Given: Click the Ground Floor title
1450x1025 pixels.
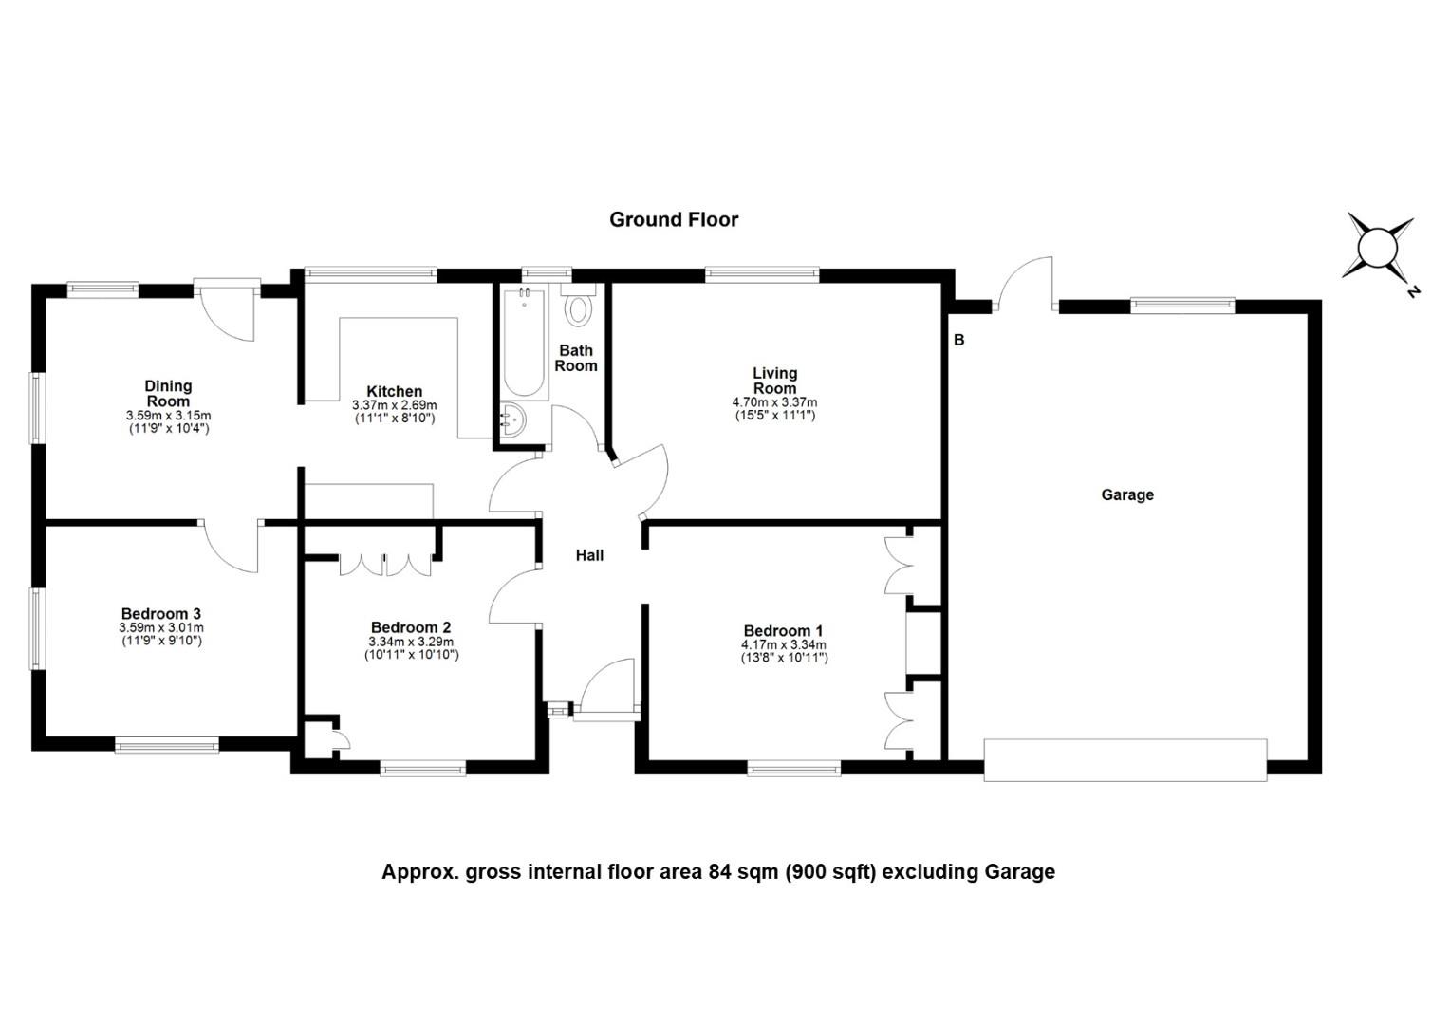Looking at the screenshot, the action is pyautogui.click(x=673, y=220).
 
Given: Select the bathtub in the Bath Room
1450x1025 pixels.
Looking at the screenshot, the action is pyautogui.click(x=524, y=342).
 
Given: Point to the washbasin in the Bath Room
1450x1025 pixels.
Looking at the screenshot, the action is pyautogui.click(x=513, y=419).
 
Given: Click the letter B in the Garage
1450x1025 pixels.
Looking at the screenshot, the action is pyautogui.click(x=958, y=339).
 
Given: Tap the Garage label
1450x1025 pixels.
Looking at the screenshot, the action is pyautogui.click(x=1127, y=494).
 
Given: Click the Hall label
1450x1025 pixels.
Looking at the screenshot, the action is pyautogui.click(x=589, y=555).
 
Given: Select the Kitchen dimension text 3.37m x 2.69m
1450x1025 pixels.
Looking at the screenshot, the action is pyautogui.click(x=394, y=405).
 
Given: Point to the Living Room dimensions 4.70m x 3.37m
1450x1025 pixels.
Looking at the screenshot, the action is pyautogui.click(x=774, y=402).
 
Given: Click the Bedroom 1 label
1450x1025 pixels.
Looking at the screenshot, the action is pyautogui.click(x=783, y=631).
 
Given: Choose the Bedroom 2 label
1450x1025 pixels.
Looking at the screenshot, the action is pyautogui.click(x=410, y=627).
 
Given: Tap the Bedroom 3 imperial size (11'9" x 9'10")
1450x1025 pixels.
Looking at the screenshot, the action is pyautogui.click(x=162, y=641).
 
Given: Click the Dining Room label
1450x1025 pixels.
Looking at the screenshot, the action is pyautogui.click(x=168, y=394).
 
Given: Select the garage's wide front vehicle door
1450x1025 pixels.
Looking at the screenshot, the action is pyautogui.click(x=1125, y=760).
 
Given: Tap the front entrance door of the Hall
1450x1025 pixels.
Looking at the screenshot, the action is pyautogui.click(x=605, y=691).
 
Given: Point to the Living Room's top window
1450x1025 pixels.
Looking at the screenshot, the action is pyautogui.click(x=762, y=274).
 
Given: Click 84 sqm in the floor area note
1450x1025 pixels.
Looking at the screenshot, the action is pyautogui.click(x=744, y=872).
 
